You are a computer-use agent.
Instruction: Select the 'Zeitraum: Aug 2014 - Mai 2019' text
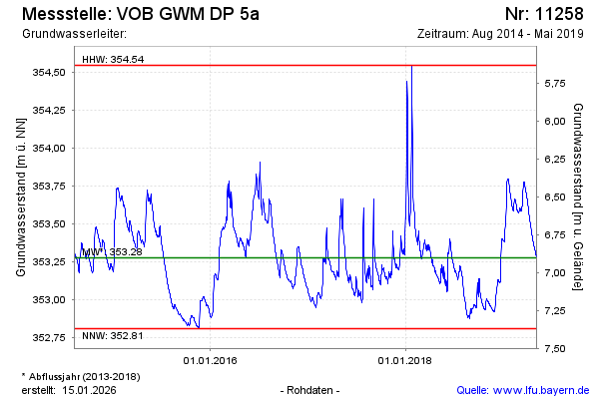point(502,34)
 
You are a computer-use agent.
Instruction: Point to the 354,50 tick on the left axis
point(49,72)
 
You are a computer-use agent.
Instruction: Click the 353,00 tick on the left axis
point(49,299)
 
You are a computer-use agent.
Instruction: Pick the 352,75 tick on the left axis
point(49,337)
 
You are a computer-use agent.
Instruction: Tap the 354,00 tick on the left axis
point(49,148)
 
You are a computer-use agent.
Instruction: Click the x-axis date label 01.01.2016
point(209,359)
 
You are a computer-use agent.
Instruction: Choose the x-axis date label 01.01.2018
point(406,359)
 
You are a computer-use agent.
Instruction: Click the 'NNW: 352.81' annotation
point(113,335)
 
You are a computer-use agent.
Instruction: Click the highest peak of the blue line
point(411,66)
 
